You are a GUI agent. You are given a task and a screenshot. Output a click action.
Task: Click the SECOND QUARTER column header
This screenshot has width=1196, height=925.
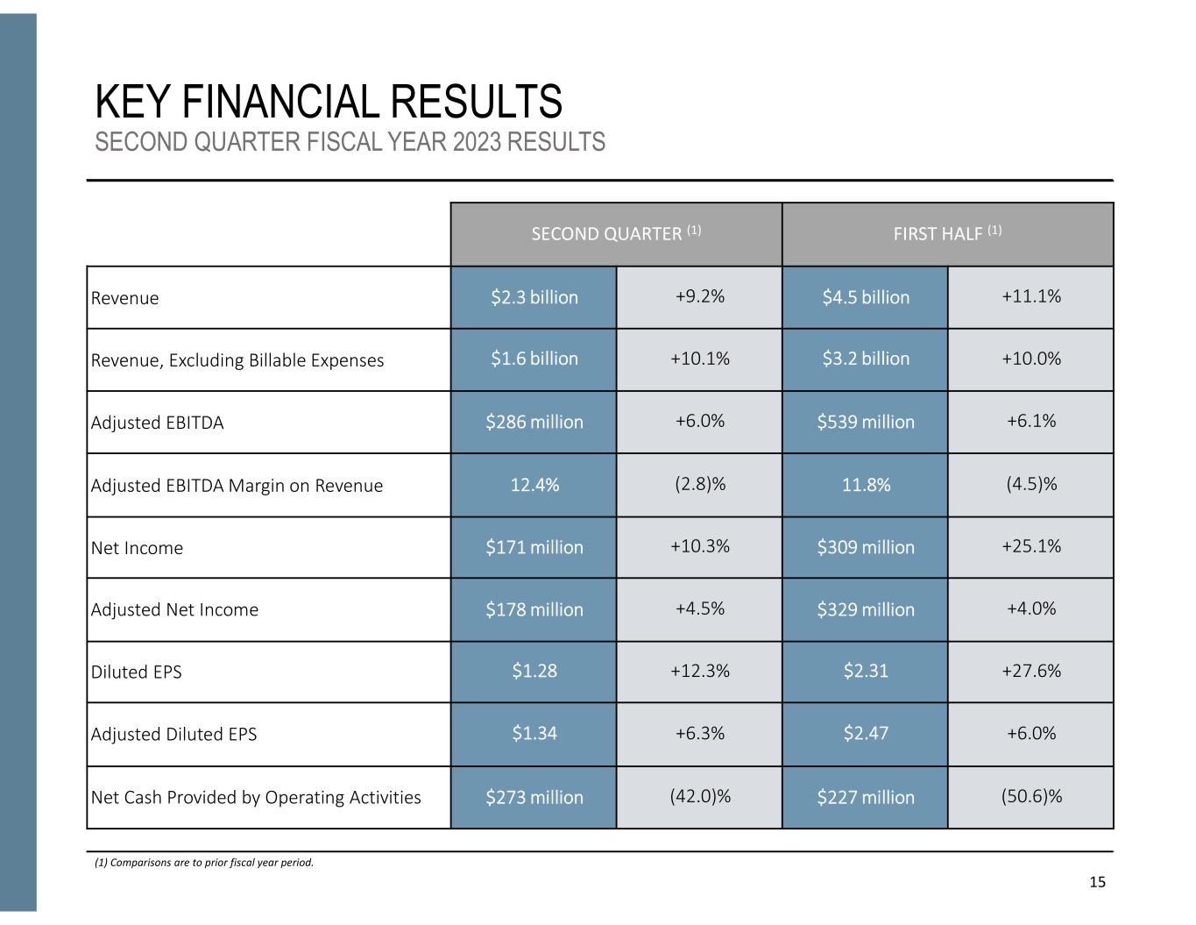pyautogui.click(x=616, y=234)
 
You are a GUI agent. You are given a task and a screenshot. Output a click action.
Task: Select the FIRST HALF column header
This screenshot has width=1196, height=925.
pyautogui.click(x=947, y=234)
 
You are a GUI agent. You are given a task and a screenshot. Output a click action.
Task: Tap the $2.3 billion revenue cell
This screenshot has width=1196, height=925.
pyautogui.click(x=534, y=297)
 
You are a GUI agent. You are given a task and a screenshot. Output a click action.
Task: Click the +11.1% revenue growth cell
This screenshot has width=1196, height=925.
pyautogui.click(x=1030, y=296)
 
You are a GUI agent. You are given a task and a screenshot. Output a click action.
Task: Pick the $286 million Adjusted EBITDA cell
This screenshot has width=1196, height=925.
pyautogui.click(x=534, y=422)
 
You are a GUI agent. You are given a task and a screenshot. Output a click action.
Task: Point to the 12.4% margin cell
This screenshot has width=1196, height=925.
pyautogui.click(x=534, y=485)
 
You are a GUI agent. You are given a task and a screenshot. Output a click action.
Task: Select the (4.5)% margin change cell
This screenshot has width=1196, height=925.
pyautogui.click(x=1030, y=484)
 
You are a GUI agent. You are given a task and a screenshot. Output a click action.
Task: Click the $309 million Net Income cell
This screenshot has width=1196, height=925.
pyautogui.click(x=865, y=547)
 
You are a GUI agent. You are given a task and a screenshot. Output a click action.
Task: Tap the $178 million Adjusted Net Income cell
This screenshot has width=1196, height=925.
pyautogui.click(x=534, y=609)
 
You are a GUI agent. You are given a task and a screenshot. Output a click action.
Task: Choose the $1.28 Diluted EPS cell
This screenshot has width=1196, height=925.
pyautogui.click(x=534, y=671)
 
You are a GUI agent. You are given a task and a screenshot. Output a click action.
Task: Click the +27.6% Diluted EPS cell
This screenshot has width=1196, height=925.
pyautogui.click(x=1030, y=671)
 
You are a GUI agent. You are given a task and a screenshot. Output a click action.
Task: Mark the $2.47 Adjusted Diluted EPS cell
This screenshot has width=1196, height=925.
pyautogui.click(x=865, y=733)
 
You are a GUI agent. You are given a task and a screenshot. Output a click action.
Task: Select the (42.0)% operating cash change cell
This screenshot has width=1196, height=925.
pyautogui.click(x=699, y=796)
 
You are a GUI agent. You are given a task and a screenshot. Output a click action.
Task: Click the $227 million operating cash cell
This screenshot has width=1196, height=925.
pyautogui.click(x=865, y=797)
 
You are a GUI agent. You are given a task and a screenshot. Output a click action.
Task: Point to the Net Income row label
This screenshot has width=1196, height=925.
pyautogui.click(x=138, y=548)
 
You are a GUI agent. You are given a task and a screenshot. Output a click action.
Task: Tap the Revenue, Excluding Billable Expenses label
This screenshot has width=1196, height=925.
pyautogui.click(x=237, y=360)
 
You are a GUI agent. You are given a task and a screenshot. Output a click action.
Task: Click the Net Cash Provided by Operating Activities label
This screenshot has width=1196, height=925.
pyautogui.click(x=256, y=797)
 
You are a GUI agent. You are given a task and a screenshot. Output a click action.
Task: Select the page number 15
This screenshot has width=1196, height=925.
pyautogui.click(x=1097, y=882)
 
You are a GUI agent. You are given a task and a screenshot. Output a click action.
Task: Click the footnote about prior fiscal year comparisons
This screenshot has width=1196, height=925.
pyautogui.click(x=204, y=863)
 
